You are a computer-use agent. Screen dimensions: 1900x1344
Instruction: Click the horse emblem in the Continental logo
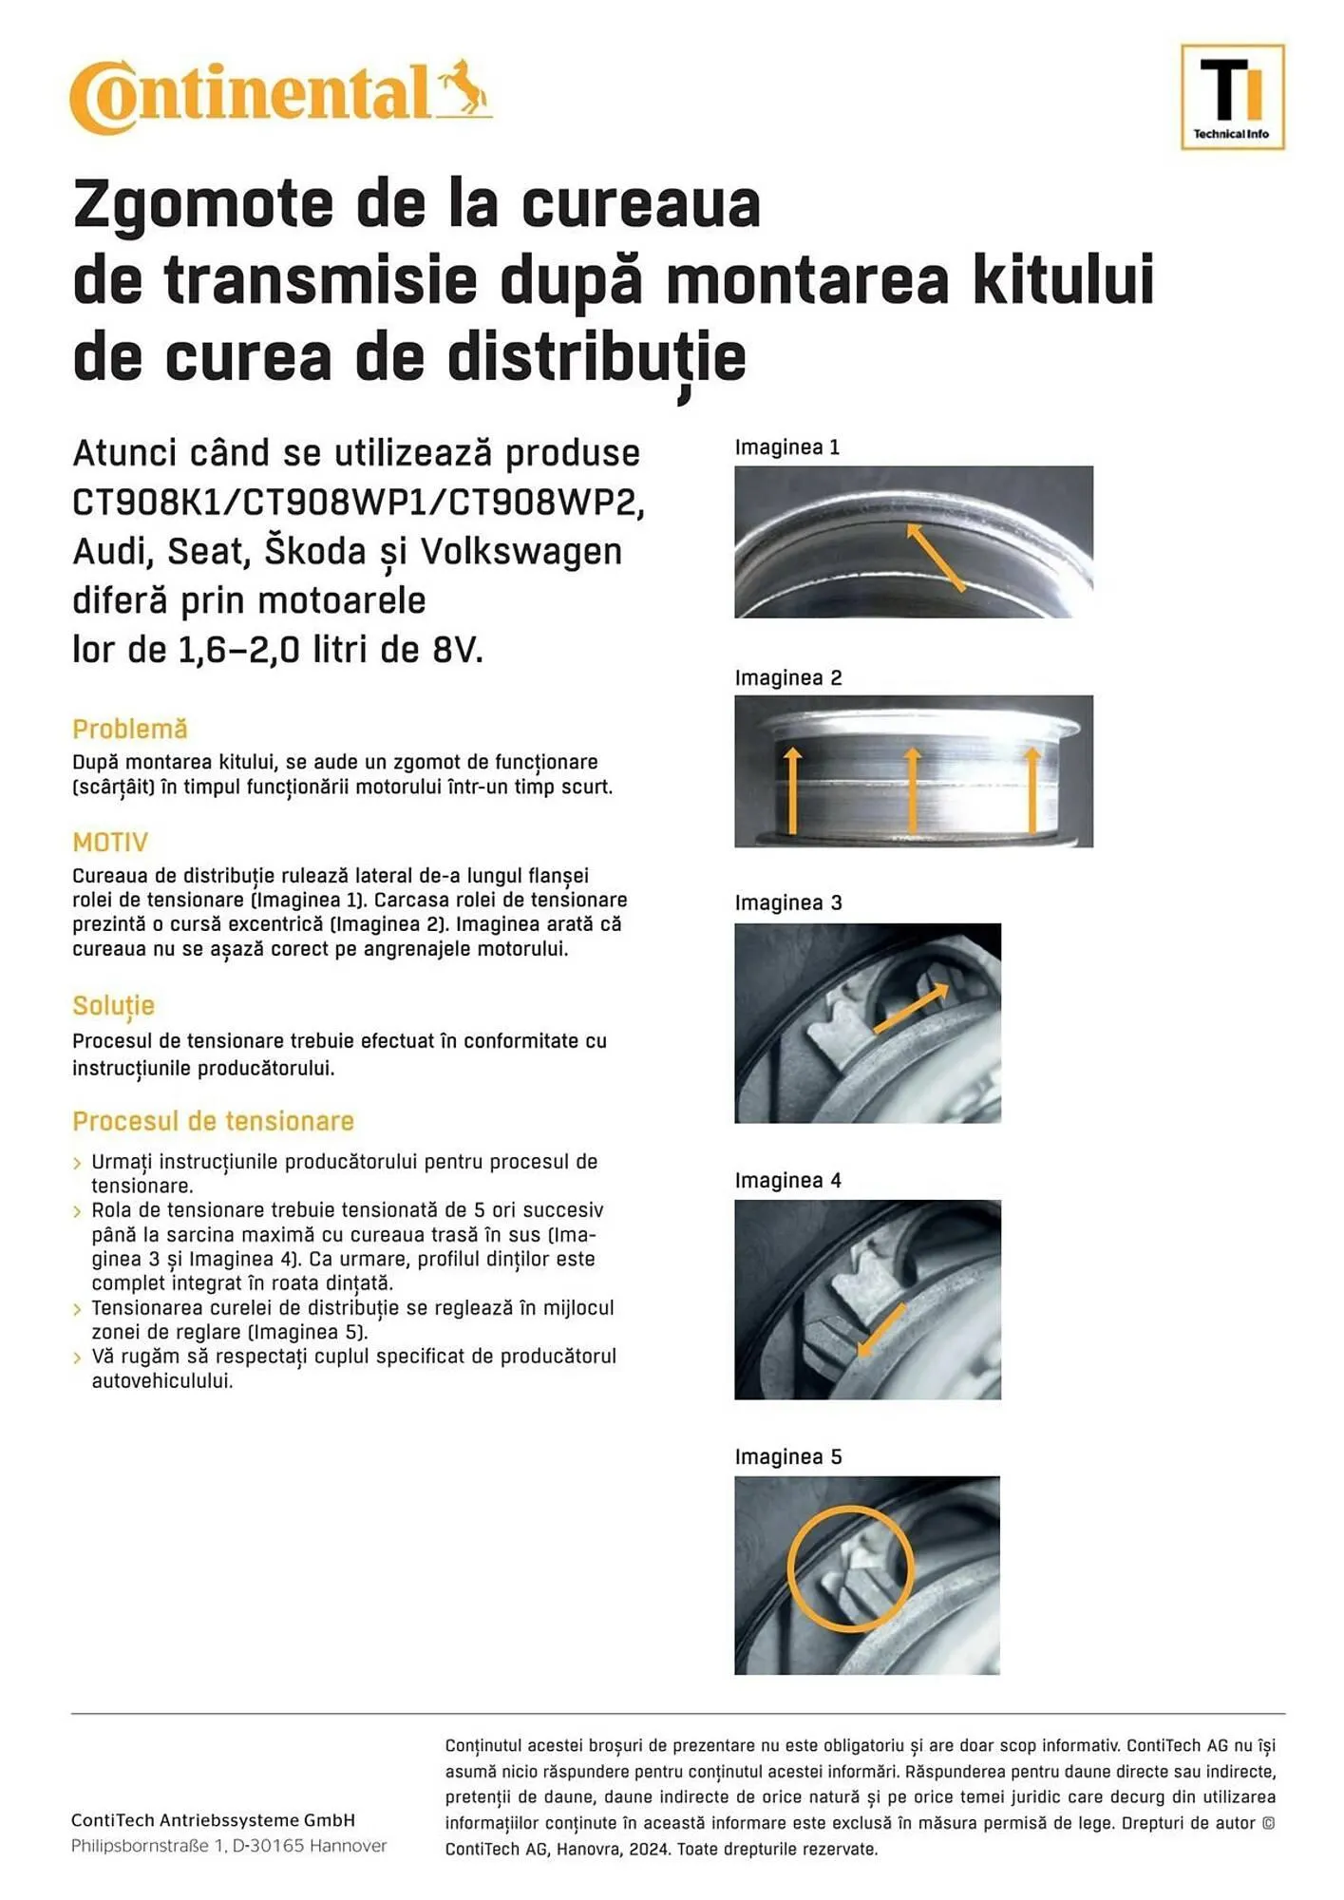[464, 88]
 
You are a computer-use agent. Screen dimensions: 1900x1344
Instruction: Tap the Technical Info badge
[1231, 97]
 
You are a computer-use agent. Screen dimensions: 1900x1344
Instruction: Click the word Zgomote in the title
[202, 204]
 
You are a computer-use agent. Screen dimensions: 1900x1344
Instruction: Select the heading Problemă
[130, 729]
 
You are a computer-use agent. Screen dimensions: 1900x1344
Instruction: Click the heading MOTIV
[110, 842]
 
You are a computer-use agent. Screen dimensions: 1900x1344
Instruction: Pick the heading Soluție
[113, 1005]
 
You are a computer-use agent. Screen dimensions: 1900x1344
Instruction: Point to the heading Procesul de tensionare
[213, 1121]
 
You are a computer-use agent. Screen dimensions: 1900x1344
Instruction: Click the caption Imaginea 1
[786, 447]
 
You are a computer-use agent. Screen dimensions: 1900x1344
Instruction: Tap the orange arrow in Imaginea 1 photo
[935, 557]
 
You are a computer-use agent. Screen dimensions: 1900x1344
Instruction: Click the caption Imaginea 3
[787, 902]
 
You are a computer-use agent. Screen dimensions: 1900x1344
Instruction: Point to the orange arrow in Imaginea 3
[910, 1008]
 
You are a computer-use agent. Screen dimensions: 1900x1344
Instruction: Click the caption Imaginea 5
[787, 1456]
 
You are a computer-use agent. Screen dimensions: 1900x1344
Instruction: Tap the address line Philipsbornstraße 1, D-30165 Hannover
[229, 1846]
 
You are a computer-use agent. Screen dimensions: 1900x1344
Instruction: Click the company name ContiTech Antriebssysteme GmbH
[213, 1820]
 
